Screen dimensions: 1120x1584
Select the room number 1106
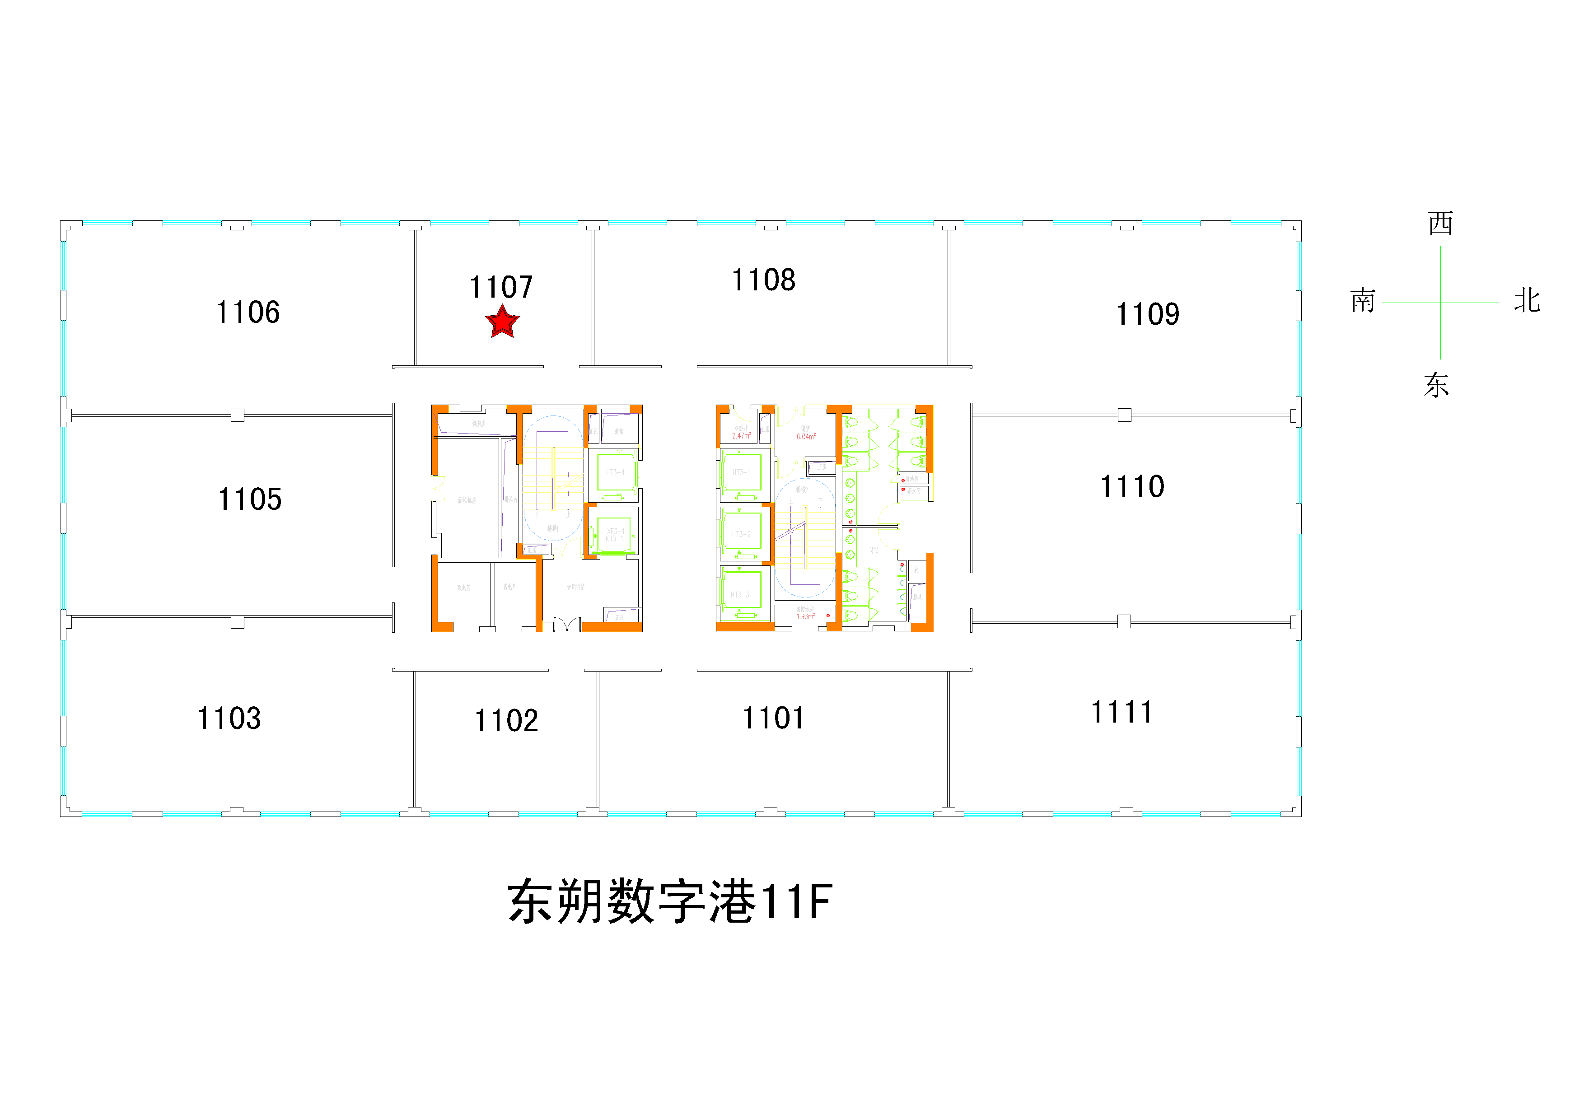pyautogui.click(x=248, y=313)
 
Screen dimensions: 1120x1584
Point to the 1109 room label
pyautogui.click(x=1147, y=314)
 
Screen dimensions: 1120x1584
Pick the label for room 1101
pyautogui.click(x=773, y=718)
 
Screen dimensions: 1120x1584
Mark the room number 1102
pyautogui.click(x=506, y=721)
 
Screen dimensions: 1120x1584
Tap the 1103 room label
pyautogui.click(x=229, y=719)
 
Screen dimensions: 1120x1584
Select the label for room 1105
pyautogui.click(x=250, y=499)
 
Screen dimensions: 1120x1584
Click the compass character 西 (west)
pyautogui.click(x=1440, y=224)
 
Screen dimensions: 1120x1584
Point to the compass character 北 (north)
pyautogui.click(x=1527, y=301)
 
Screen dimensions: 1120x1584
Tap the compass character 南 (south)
pyautogui.click(x=1363, y=301)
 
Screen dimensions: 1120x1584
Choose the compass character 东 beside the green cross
pyautogui.click(x=1436, y=385)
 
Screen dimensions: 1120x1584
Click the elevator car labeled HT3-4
pyautogui.click(x=615, y=472)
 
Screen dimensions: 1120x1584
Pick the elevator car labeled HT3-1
pyautogui.click(x=741, y=472)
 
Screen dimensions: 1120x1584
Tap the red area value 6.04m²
pyautogui.click(x=806, y=437)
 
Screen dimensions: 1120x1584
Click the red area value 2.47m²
pyautogui.click(x=741, y=436)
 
